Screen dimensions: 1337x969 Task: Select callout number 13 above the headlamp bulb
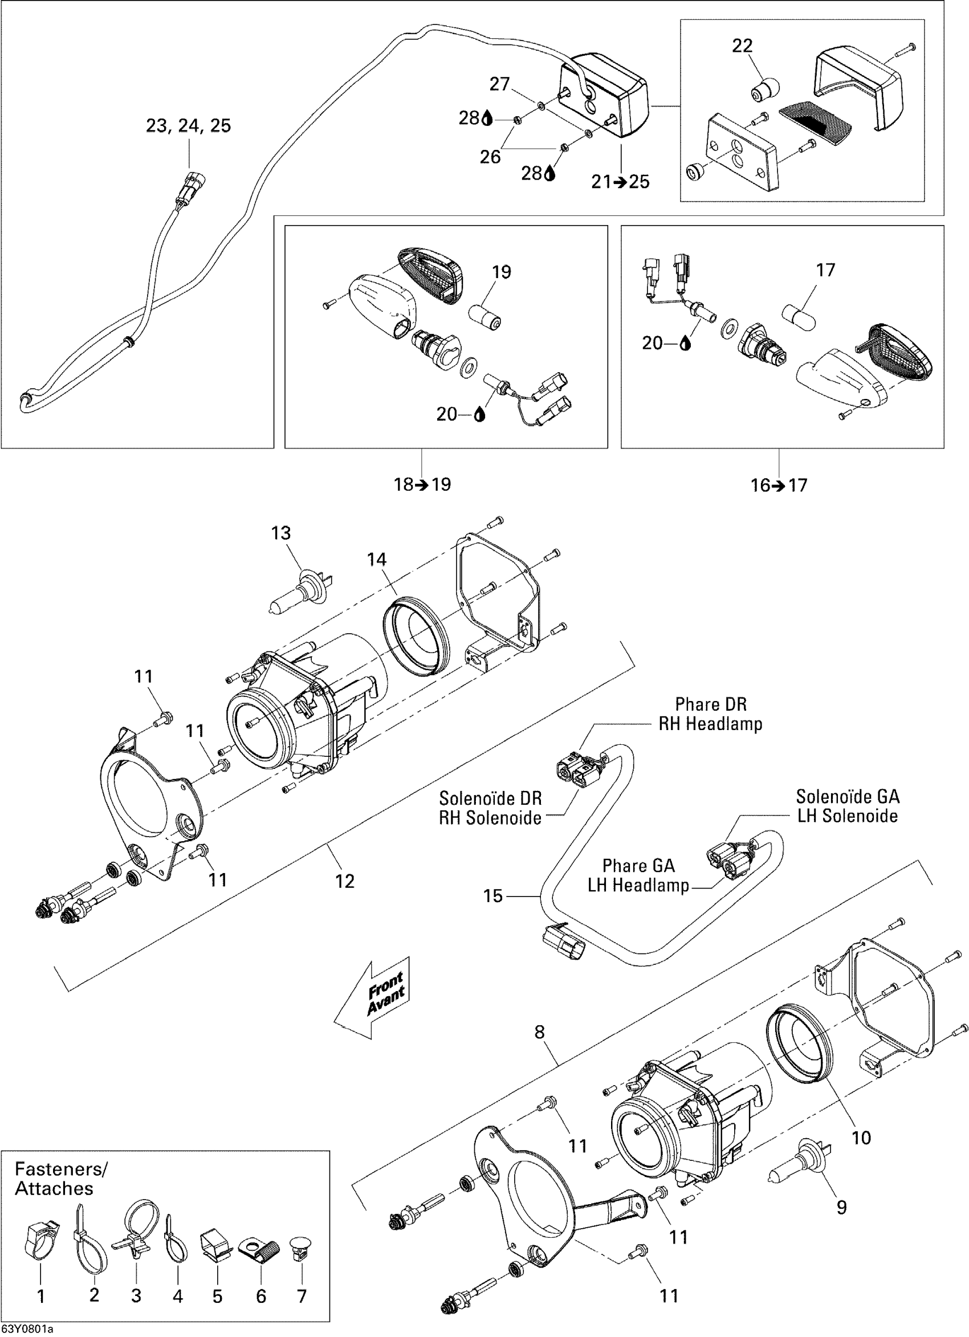[x=281, y=533]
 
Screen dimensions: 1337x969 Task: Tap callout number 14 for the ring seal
[x=377, y=560]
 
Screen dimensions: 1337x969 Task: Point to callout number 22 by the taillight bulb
[x=743, y=46]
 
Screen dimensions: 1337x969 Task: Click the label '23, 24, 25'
[x=188, y=125]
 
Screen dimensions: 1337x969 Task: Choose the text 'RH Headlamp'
[x=710, y=724]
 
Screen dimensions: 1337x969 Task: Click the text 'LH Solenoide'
[x=847, y=816]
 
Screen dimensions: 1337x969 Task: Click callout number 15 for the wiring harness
[x=492, y=896]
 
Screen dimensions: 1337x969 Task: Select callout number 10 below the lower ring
[x=862, y=1137]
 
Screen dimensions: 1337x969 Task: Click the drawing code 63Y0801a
[x=27, y=1330]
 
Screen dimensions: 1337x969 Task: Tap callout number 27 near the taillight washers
[x=499, y=84]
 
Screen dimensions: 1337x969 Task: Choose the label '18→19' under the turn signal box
[x=422, y=484]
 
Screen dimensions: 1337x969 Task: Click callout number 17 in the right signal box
[x=826, y=270]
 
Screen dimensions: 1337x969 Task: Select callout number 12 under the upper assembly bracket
[x=345, y=881]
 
